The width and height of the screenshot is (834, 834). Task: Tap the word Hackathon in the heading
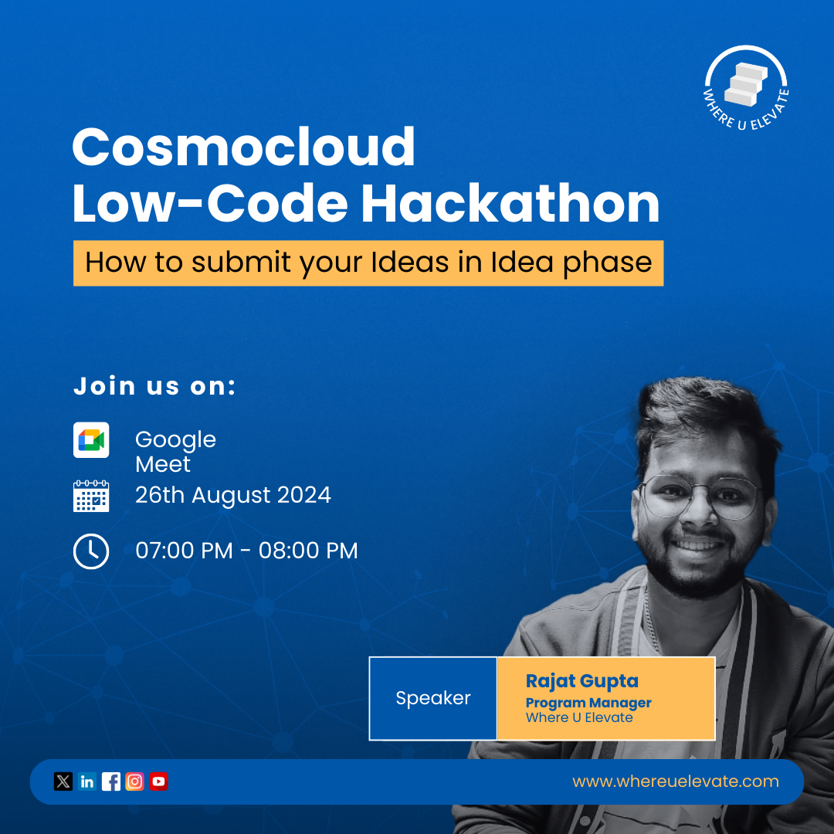[510, 204]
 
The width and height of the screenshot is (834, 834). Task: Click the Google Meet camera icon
[91, 440]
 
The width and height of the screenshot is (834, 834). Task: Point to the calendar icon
[91, 496]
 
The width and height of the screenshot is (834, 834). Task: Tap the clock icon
[91, 551]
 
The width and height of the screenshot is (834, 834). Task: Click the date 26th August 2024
[233, 495]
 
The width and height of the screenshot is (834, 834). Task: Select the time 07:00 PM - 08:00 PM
[246, 551]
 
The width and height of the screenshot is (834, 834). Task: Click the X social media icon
[63, 781]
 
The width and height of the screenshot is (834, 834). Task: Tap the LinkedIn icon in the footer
[87, 781]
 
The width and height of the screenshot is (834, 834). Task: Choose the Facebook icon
[111, 781]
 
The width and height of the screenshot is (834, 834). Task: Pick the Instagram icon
[135, 781]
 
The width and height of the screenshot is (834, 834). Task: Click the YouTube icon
[159, 781]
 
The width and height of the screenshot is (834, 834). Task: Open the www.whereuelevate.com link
[676, 781]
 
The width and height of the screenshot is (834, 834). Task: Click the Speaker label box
[433, 698]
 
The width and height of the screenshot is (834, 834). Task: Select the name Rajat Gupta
[582, 681]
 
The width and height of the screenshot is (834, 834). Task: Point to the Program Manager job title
[588, 703]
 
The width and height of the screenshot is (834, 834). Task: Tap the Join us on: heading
[154, 386]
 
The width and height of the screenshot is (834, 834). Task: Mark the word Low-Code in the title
[209, 204]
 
